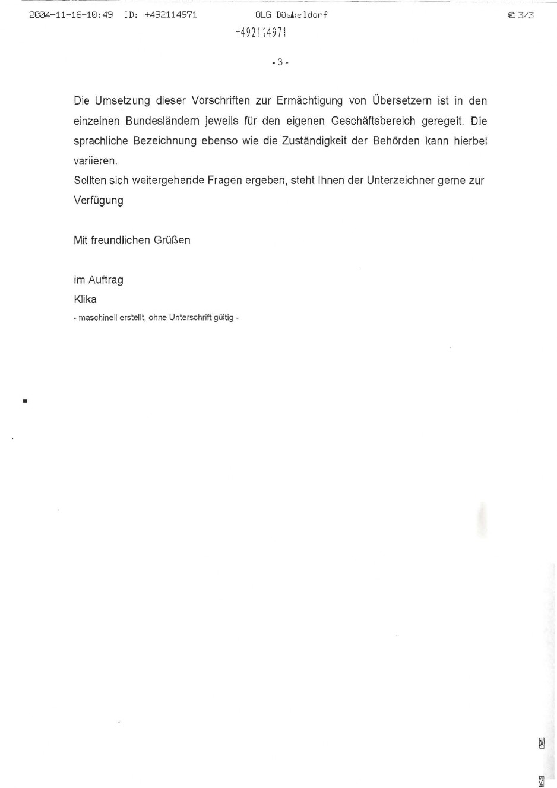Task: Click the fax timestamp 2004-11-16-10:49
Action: click(x=71, y=15)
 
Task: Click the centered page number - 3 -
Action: click(x=280, y=62)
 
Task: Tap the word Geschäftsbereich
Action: click(x=373, y=121)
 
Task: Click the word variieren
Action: click(x=96, y=161)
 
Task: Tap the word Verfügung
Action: click(x=99, y=201)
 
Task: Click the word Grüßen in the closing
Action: click(x=172, y=240)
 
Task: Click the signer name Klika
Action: click(x=85, y=300)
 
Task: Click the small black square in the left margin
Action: click(x=25, y=401)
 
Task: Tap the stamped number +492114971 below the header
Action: click(x=261, y=33)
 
